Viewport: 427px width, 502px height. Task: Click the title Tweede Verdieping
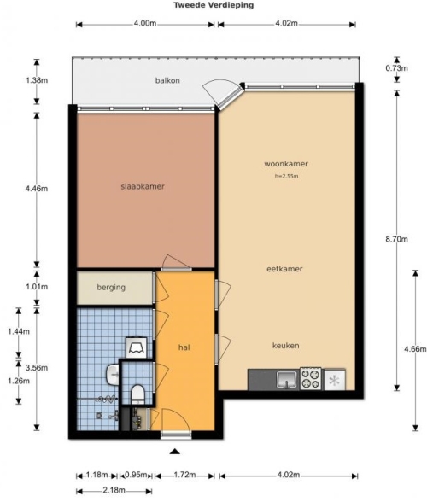coord(213,5)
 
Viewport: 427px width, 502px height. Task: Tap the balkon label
coord(167,80)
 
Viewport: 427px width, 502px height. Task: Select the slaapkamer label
coord(143,186)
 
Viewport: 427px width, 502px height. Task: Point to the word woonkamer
coord(286,164)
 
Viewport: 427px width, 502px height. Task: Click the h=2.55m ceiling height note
coord(286,176)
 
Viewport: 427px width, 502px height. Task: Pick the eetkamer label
coord(284,269)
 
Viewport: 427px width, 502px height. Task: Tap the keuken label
coord(286,346)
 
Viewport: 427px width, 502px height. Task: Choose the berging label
coord(111,287)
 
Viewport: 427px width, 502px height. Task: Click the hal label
coord(184,347)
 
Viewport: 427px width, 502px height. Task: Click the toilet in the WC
coord(137,394)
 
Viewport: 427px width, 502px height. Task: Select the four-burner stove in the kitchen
coord(310,378)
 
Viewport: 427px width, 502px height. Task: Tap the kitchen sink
coord(288,379)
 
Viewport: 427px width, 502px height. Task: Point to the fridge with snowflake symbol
coord(335,380)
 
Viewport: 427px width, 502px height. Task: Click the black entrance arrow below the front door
coord(174,452)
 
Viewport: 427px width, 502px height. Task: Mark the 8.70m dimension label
coord(396,239)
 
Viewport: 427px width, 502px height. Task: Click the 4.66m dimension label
coord(415,349)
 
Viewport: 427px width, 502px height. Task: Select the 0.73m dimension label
coord(396,68)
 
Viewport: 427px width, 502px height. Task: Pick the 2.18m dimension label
coord(114,490)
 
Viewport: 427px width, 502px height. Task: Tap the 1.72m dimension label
coord(184,475)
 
